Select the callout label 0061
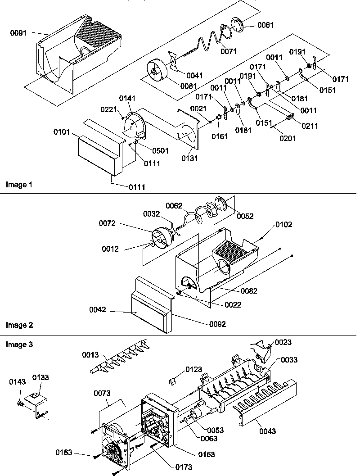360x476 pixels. pyautogui.click(x=265, y=25)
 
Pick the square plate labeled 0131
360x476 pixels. pyautogui.click(x=189, y=128)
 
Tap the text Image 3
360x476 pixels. pyautogui.click(x=18, y=345)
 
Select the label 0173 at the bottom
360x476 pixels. pyautogui.click(x=184, y=467)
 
